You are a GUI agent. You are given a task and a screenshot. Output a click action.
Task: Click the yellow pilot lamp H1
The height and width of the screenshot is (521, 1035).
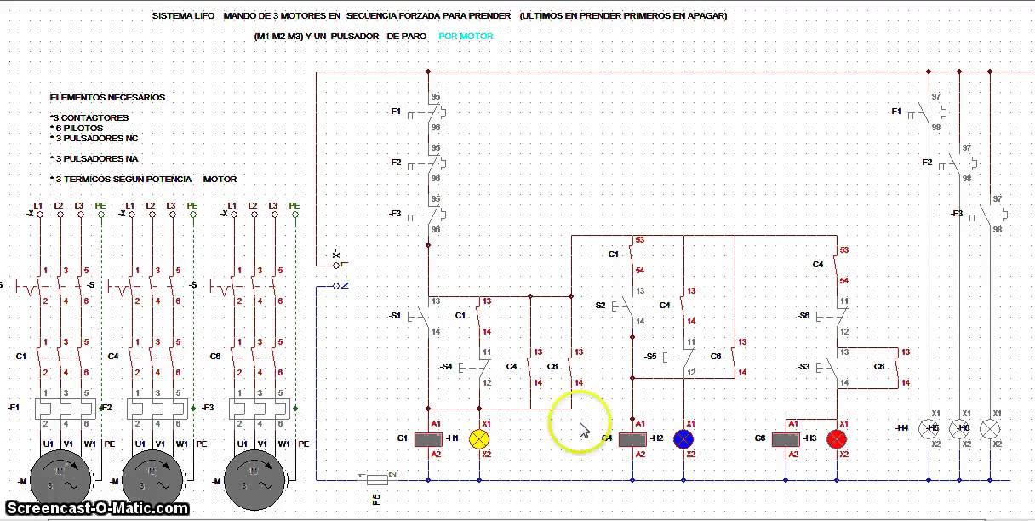[479, 439]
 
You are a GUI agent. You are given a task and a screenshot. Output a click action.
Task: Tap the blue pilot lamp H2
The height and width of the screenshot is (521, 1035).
[683, 439]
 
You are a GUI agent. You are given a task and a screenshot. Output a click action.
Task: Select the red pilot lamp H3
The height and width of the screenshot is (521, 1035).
[837, 439]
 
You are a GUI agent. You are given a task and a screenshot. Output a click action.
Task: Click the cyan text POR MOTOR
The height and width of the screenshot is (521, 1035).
[466, 36]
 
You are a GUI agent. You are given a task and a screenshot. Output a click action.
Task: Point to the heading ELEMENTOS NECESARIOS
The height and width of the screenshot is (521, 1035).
[107, 98]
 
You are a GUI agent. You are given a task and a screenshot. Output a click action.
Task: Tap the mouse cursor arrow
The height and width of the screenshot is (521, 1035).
[584, 429]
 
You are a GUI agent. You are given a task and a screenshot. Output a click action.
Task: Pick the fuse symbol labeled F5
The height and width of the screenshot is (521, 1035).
[377, 480]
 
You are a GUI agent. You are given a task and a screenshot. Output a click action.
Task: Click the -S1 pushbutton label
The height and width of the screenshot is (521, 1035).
[394, 316]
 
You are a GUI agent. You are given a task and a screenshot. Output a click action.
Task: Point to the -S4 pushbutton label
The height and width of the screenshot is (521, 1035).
[445, 367]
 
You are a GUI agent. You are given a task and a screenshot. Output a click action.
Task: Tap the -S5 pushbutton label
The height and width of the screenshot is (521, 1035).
[650, 357]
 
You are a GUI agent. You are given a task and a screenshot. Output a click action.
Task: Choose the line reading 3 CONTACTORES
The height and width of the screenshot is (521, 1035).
[90, 117]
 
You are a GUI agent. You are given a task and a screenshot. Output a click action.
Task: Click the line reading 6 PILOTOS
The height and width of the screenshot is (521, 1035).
[78, 128]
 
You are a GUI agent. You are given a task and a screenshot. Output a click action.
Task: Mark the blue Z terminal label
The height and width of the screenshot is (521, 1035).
[344, 286]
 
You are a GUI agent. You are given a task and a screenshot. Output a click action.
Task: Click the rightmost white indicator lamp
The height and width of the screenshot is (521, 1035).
[990, 429]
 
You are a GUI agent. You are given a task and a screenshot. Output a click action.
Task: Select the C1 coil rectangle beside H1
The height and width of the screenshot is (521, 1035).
[428, 439]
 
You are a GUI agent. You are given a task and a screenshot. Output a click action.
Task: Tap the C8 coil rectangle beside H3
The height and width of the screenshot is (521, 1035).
[786, 439]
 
